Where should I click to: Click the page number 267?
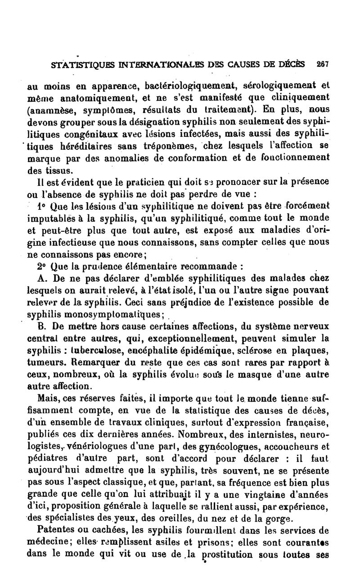[323, 64]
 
